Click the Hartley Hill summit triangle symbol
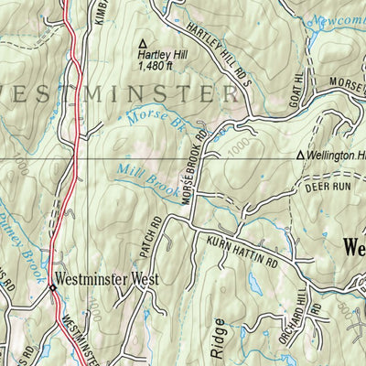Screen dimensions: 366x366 (142, 42)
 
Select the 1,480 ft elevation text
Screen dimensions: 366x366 (155, 66)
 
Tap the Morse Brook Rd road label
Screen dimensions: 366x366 (193, 166)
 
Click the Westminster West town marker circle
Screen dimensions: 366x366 (53, 286)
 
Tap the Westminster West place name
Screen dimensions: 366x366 (108, 278)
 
